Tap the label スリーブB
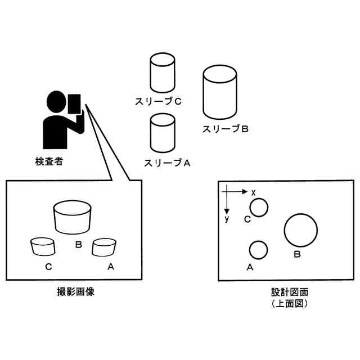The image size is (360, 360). (x=225, y=129)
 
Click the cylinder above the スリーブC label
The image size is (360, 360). (x=163, y=73)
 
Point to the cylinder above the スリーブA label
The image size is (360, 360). (x=163, y=133)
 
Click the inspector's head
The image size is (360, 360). (x=56, y=102)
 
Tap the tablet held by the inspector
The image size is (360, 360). (x=74, y=104)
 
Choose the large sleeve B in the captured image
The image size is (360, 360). (x=72, y=217)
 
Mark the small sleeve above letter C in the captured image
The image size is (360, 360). (x=43, y=246)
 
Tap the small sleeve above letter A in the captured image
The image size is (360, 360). (x=104, y=246)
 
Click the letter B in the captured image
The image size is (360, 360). (x=79, y=245)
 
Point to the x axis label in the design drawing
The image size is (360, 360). (x=254, y=192)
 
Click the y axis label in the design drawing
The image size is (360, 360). (x=227, y=218)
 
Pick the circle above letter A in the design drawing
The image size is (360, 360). (x=258, y=250)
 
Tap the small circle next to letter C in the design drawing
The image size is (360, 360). (x=259, y=208)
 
